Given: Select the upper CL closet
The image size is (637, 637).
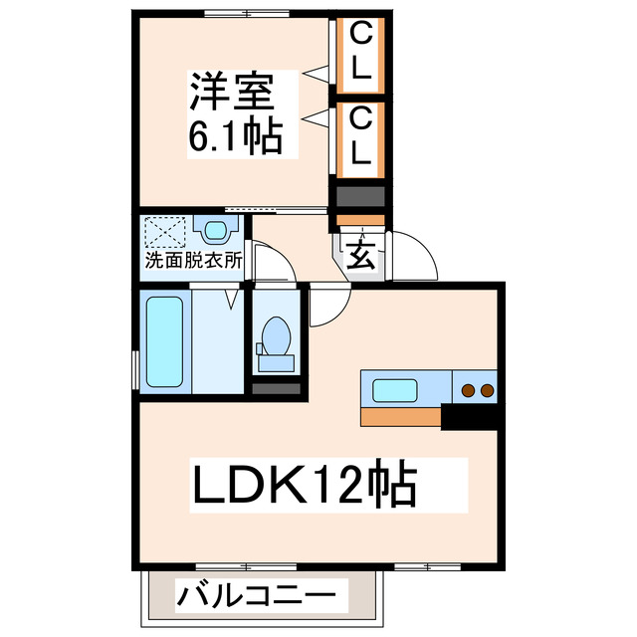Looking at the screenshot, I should [x=361, y=54].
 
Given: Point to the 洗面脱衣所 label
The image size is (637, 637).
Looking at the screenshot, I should [x=193, y=261].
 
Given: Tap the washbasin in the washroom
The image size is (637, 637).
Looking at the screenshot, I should [x=215, y=232].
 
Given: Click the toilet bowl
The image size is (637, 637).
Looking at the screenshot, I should [x=274, y=338].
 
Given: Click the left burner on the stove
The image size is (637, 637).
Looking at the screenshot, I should [x=467, y=389].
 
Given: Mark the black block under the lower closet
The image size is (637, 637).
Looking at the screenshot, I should [x=360, y=196].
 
